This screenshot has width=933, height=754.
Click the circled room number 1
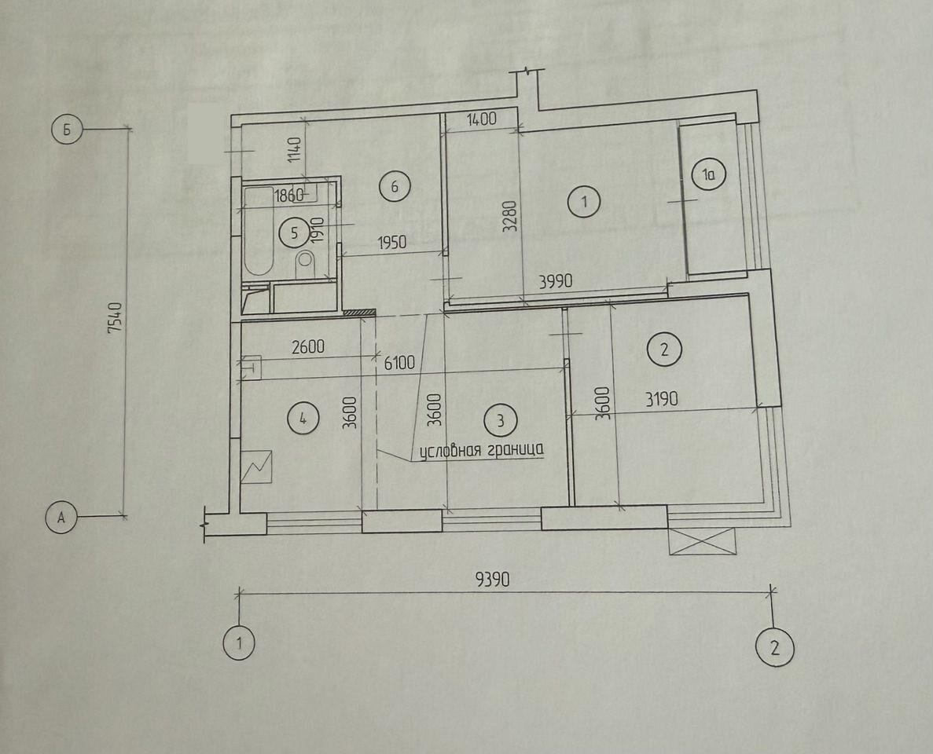pos(584,201)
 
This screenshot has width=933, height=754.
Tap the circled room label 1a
pos(708,175)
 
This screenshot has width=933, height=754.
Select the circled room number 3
pos(501,420)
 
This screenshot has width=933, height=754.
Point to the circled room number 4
pos(303,419)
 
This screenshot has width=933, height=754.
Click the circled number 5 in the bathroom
pos(295,232)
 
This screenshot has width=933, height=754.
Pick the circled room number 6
pos(394,187)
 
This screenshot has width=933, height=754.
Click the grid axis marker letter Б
pos(67,130)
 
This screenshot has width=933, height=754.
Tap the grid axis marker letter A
pos(61,517)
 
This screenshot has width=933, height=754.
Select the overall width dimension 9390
pos(493,578)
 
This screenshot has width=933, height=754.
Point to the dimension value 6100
pos(399,362)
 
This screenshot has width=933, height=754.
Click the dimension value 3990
pos(555,280)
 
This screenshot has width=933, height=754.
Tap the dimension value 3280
pos(510,216)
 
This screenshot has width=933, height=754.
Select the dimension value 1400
pos(481,119)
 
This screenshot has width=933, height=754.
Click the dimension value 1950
pos(391,242)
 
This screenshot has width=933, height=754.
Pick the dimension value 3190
pos(661,397)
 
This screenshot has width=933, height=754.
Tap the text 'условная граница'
pos(481,450)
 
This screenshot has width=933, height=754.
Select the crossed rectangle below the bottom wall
pos(703,542)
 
